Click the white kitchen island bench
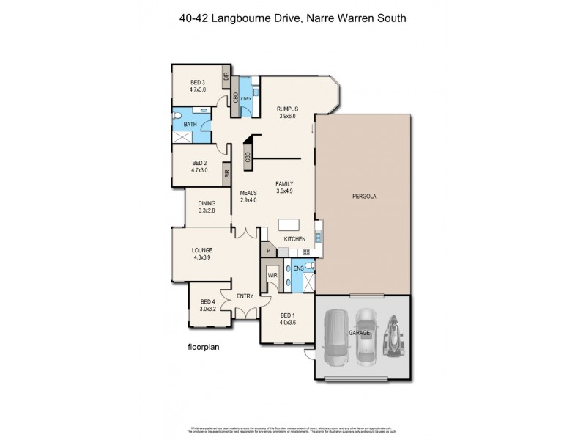(x=289, y=225)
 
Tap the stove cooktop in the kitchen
(x=317, y=236)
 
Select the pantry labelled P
(x=268, y=251)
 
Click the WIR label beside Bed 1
(x=272, y=275)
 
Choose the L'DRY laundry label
(x=246, y=98)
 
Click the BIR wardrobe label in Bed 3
(x=226, y=76)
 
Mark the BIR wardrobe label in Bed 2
(x=227, y=175)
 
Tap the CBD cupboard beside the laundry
(x=234, y=98)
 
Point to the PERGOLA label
(x=364, y=197)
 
